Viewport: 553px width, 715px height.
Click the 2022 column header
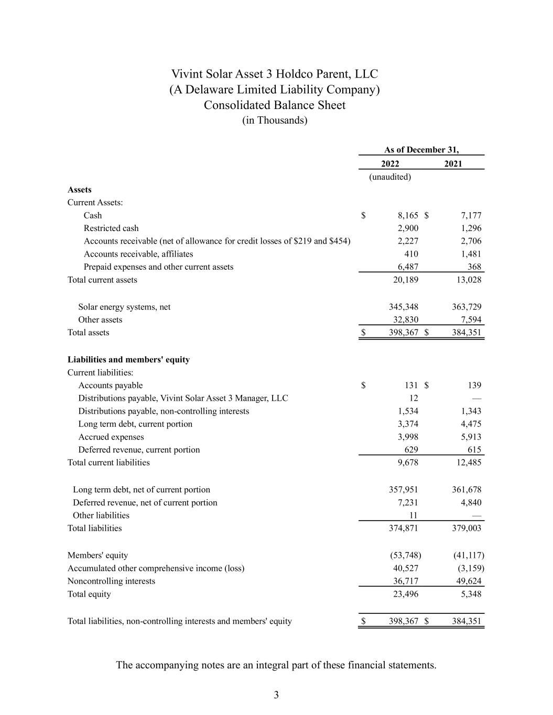pyautogui.click(x=390, y=163)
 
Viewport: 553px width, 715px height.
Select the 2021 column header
pyautogui.click(x=453, y=163)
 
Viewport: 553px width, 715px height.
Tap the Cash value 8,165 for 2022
pyautogui.click(x=408, y=215)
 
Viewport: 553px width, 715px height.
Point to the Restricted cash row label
pyautogui.click(x=111, y=228)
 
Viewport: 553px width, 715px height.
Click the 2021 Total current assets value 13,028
pyautogui.click(x=467, y=280)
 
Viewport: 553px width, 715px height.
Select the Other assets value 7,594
pyautogui.click(x=471, y=320)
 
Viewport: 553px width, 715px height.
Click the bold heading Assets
pyautogui.click(x=79, y=190)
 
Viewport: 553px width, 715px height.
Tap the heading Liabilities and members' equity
pyautogui.click(x=128, y=359)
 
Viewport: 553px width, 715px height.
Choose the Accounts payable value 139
pyautogui.click(x=474, y=385)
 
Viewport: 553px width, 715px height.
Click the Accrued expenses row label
pyautogui.click(x=111, y=437)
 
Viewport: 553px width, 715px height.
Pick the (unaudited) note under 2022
pyautogui.click(x=390, y=177)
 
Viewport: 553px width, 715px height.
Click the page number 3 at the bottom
pyautogui.click(x=276, y=695)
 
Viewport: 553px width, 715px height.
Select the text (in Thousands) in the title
pyautogui.click(x=275, y=120)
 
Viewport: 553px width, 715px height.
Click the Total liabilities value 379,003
pyautogui.click(x=467, y=528)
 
